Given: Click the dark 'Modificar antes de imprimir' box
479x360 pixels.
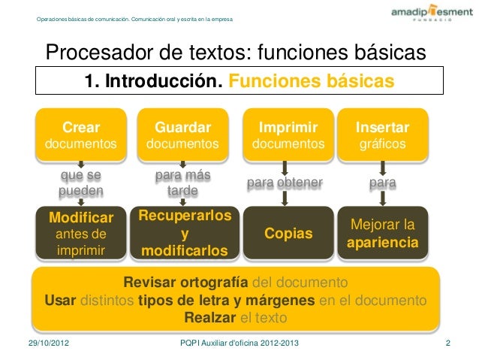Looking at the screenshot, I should coord(81,234).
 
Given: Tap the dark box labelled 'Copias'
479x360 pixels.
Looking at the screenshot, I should coord(288,234).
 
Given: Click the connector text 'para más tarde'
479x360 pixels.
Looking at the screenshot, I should coord(182,183).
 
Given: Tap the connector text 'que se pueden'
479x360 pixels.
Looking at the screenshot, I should coord(81,183).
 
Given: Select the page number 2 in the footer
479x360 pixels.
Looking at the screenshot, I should coord(448,344).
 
